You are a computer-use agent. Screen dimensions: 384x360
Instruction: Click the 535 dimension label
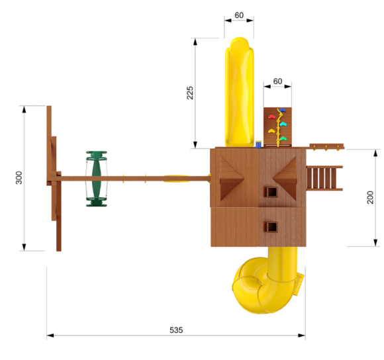click(176, 330)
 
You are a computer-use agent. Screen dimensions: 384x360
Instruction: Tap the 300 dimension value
click(19, 177)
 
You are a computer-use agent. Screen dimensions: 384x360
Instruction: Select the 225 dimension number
click(190, 93)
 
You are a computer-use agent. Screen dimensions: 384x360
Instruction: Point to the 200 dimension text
click(370, 197)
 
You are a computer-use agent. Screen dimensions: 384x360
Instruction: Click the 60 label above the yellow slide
click(239, 15)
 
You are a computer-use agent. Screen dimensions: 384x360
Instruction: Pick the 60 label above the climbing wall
click(277, 81)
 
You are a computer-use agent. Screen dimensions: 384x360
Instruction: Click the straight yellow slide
click(240, 92)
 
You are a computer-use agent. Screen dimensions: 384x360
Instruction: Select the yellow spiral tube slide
click(268, 280)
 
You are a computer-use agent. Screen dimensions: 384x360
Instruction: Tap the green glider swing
click(96, 179)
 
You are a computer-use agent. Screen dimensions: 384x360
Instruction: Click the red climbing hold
click(272, 116)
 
